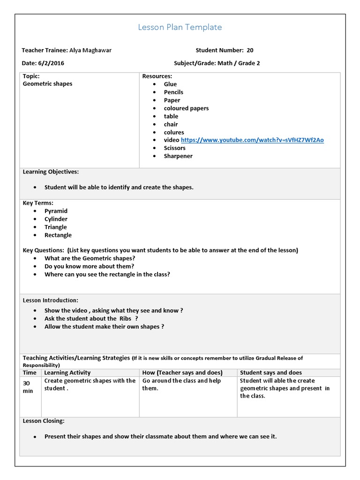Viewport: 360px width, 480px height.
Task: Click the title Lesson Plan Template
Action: [180, 27]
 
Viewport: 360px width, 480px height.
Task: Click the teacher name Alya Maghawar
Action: [90, 50]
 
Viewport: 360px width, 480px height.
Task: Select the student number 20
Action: [250, 50]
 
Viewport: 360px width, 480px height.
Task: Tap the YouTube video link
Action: [252, 140]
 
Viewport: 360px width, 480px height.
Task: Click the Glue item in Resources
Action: [170, 84]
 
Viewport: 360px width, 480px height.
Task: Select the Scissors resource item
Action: [174, 148]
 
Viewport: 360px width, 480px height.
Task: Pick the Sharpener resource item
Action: [178, 156]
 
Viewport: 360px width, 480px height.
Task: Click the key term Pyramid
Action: [56, 211]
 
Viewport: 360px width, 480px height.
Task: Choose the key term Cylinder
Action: [56, 219]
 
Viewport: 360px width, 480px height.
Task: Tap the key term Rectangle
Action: [58, 235]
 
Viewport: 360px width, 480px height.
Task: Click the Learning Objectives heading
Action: [51, 172]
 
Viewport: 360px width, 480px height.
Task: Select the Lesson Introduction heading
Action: [51, 300]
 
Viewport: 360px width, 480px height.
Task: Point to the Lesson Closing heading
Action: [44, 421]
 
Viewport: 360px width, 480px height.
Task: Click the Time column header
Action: [30, 373]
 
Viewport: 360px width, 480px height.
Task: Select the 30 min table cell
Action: [28, 387]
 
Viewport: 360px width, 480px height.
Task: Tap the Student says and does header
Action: [271, 373]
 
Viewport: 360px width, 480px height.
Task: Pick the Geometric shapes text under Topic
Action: [47, 84]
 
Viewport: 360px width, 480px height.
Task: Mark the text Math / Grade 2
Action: [238, 63]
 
